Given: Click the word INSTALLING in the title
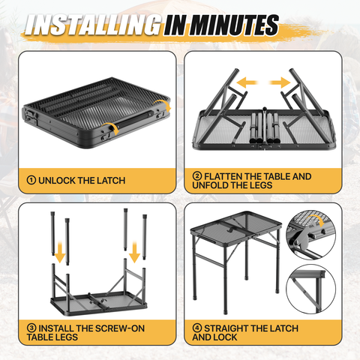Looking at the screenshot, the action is (93, 25).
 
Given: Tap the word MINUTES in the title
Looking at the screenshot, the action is (234, 25).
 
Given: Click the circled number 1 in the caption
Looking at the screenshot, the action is (31, 180).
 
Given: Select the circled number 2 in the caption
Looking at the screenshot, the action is (197, 176).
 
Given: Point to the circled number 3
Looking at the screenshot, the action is (31, 328).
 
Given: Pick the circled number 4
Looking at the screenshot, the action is (197, 328).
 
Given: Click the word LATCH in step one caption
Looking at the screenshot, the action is (111, 181).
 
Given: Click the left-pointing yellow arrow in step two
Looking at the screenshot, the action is (247, 82).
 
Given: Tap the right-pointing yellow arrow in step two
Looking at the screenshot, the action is (280, 82).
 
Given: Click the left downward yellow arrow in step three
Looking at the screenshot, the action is (60, 252).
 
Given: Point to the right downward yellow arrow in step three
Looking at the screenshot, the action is (134, 252).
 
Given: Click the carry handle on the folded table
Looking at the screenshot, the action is (135, 119).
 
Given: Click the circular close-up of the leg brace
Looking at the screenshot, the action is (311, 289).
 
